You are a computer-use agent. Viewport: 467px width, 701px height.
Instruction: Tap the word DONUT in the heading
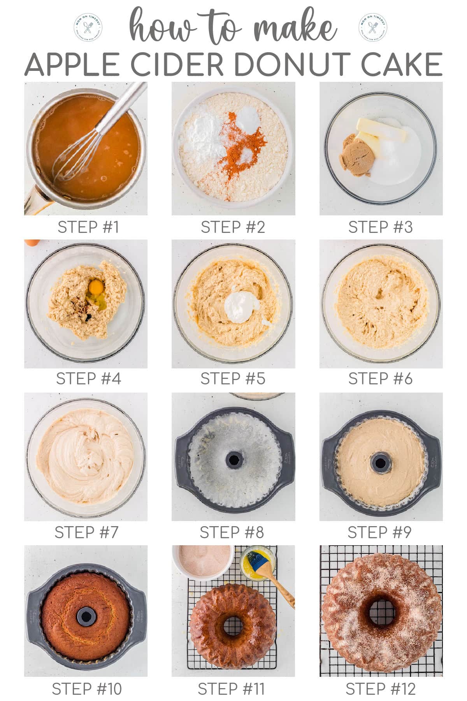[x=290, y=64]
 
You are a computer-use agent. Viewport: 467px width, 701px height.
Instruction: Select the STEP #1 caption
[x=88, y=227]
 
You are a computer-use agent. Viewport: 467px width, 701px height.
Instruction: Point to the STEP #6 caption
[x=380, y=379]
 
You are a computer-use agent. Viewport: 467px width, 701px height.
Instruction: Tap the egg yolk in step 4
[x=96, y=287]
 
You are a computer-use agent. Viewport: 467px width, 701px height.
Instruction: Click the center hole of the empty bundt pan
[x=233, y=460]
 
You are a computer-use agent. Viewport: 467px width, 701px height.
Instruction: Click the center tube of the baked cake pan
[x=86, y=616]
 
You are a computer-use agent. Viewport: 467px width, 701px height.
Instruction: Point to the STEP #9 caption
[x=379, y=532]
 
